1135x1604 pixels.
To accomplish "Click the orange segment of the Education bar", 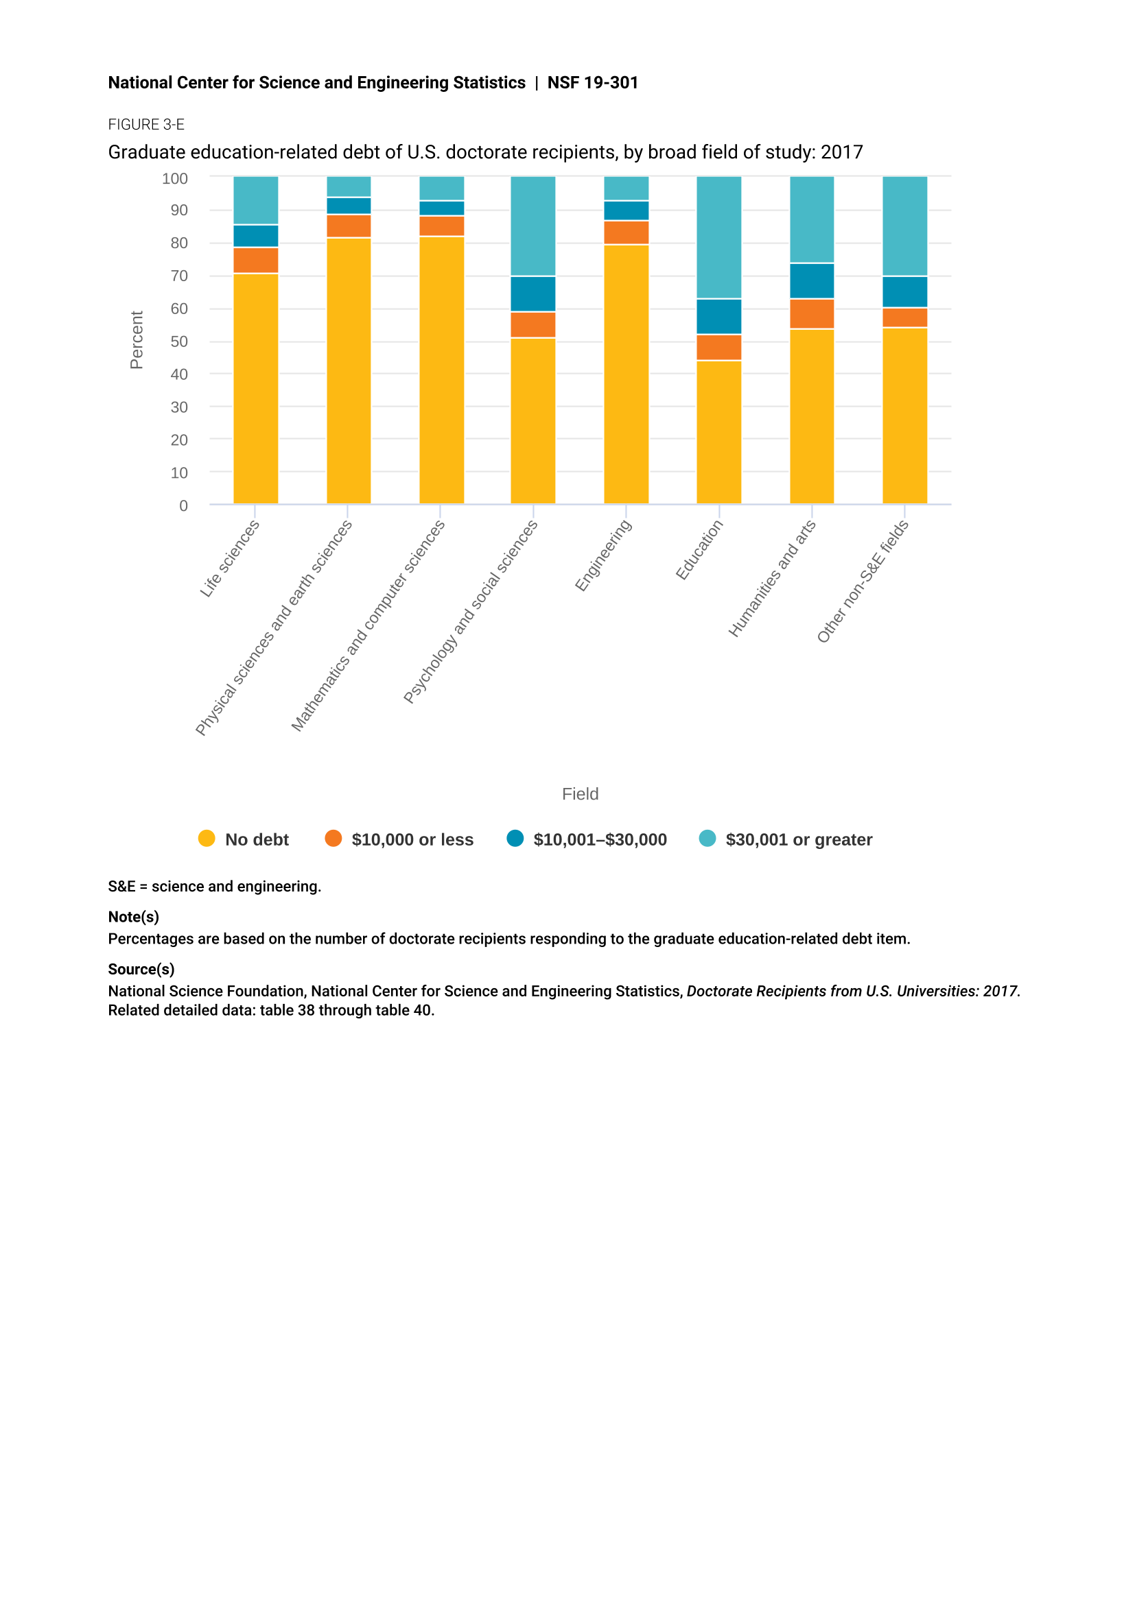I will click(718, 347).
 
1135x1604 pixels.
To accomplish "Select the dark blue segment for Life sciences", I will click(256, 236).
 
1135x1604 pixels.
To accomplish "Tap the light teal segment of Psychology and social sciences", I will click(533, 226).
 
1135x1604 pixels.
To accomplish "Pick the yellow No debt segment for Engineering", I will click(627, 374).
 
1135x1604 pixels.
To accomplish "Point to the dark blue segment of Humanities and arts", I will click(811, 281).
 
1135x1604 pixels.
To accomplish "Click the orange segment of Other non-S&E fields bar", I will click(904, 318).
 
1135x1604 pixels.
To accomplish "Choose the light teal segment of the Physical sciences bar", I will click(349, 187).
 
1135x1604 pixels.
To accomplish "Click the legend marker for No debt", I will click(207, 838).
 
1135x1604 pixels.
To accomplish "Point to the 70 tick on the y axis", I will click(179, 276).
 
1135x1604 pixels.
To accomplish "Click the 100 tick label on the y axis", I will click(175, 179).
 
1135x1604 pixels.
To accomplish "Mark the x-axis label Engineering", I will click(603, 556).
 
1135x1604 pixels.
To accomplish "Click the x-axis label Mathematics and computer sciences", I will click(368, 626).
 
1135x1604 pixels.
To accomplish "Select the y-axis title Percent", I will click(137, 340).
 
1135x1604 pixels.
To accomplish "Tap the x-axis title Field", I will click(580, 793).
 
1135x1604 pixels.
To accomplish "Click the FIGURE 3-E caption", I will click(146, 124).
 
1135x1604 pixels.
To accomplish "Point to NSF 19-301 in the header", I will click(593, 82).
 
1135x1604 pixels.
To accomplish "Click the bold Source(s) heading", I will click(141, 969).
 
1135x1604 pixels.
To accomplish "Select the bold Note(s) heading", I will click(134, 917).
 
